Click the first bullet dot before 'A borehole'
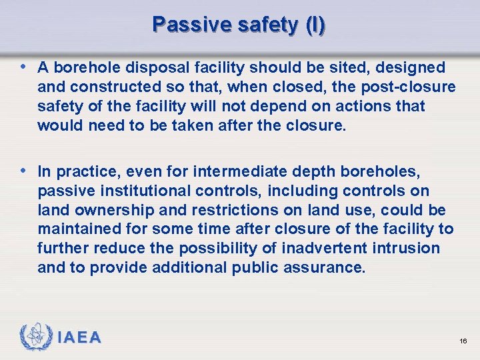24,67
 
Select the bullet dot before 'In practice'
24,171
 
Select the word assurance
328,268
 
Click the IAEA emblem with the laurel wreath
36,337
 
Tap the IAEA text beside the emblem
79,338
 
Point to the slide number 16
463,341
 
